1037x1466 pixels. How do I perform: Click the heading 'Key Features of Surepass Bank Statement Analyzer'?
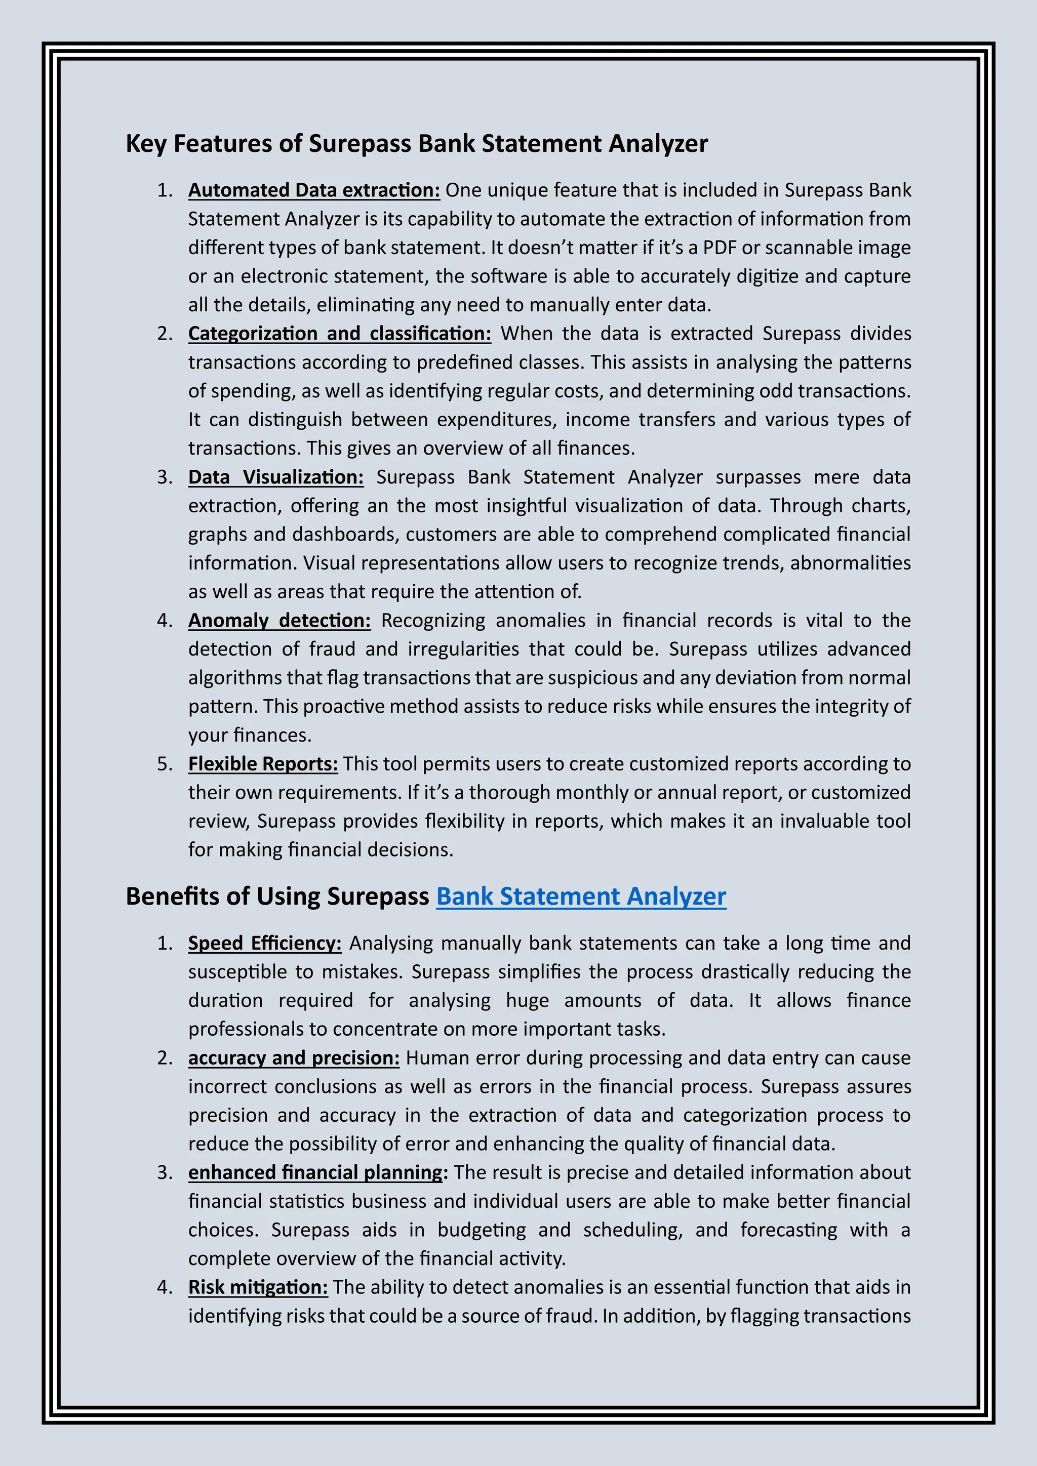point(416,143)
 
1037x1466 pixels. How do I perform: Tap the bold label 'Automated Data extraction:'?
point(313,190)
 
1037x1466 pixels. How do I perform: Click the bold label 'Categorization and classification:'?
point(339,333)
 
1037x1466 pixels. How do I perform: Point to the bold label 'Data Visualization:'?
point(275,477)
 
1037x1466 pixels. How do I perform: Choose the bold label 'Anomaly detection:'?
point(279,620)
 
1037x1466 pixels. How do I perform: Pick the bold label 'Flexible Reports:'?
point(262,764)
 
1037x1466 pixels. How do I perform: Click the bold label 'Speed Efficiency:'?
point(264,943)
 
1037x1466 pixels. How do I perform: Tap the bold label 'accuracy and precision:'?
point(293,1057)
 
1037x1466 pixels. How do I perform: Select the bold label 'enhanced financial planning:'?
point(317,1172)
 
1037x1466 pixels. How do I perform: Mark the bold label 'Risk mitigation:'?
point(257,1287)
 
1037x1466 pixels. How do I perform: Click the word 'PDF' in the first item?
point(720,247)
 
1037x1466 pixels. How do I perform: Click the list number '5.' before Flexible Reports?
point(165,764)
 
